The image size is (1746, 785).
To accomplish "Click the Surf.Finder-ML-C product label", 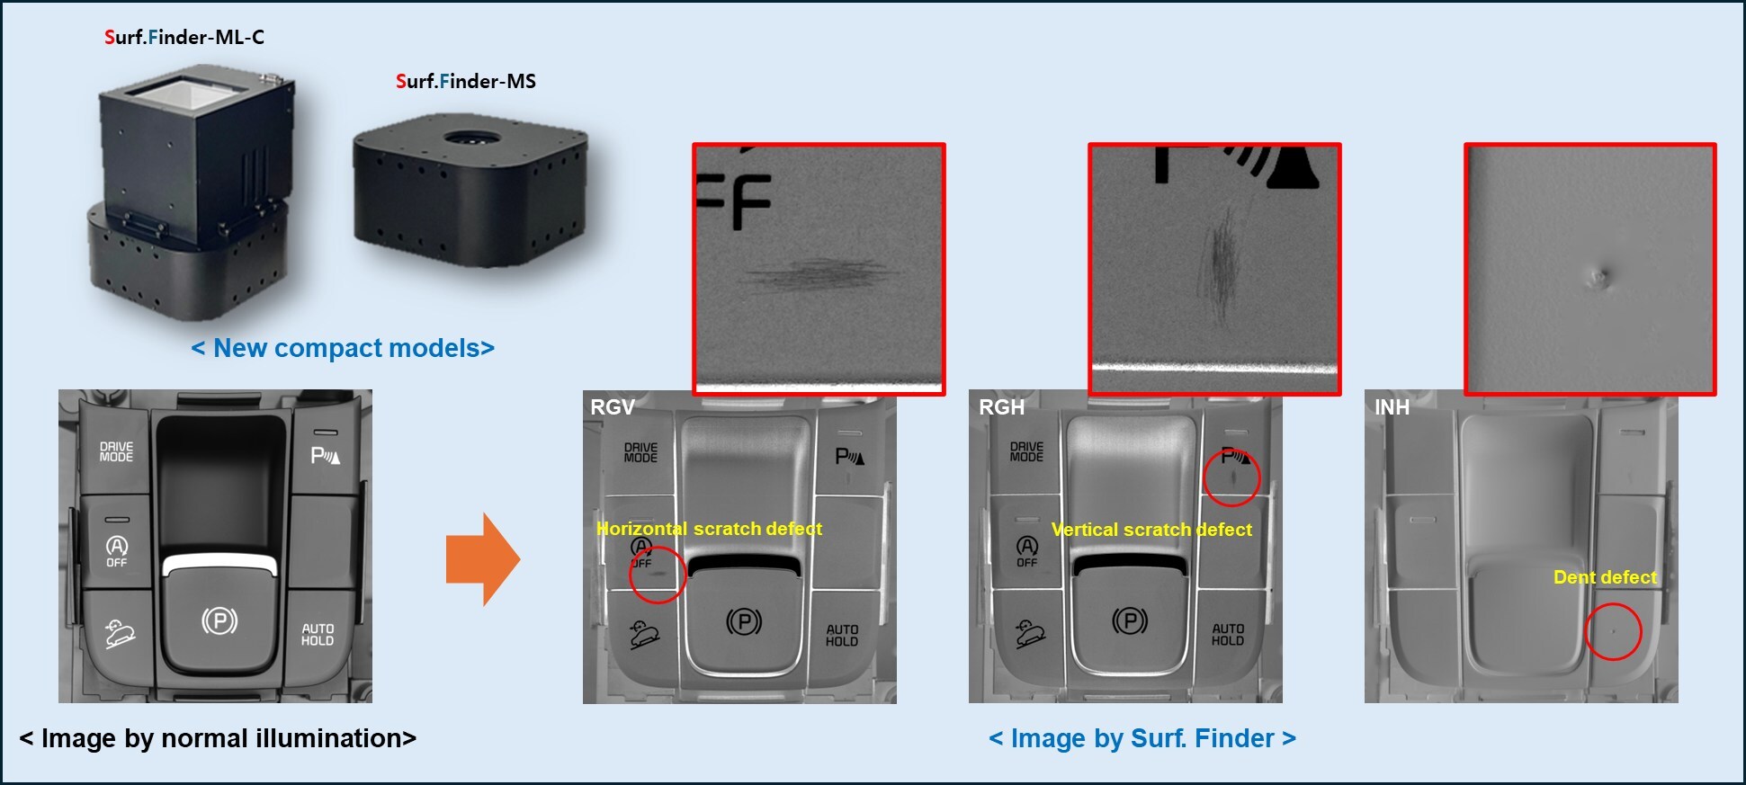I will [184, 37].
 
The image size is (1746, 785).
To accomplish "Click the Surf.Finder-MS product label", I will [465, 81].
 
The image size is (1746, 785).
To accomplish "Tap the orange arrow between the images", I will [482, 558].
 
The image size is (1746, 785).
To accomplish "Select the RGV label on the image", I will [612, 407].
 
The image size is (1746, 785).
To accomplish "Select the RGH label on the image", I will [1001, 407].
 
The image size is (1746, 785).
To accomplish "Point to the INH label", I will [1391, 407].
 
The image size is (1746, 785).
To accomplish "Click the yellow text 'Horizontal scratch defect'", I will [709, 529].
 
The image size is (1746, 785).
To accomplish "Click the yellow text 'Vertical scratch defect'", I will [1151, 530].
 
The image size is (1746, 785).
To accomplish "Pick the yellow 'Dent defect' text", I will [1605, 577].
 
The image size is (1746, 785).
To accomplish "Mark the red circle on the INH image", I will [1613, 631].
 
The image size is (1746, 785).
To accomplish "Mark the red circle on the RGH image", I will [1231, 477].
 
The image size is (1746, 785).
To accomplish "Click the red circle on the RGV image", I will [658, 575].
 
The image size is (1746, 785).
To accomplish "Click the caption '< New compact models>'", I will [343, 348].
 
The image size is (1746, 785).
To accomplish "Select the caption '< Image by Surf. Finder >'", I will [1142, 738].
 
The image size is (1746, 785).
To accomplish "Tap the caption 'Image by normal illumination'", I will [218, 738].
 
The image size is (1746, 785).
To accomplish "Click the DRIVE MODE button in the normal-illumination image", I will [116, 451].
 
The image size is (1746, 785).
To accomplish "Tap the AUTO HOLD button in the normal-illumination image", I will [318, 635].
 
